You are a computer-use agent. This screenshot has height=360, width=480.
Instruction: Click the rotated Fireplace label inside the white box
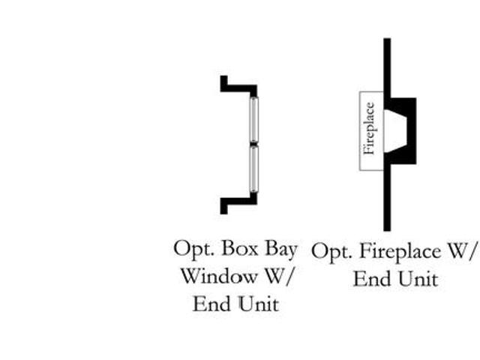(x=368, y=128)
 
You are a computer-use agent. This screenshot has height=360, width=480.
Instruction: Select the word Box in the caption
(x=241, y=248)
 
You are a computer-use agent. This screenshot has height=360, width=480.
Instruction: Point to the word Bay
(x=280, y=248)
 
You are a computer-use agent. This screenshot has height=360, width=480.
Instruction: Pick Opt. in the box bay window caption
(x=192, y=248)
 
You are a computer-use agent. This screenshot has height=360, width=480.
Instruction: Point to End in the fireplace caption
(x=371, y=280)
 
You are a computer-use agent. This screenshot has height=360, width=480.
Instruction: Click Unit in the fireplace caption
(x=418, y=280)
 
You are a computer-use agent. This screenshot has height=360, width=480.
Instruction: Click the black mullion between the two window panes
(x=253, y=142)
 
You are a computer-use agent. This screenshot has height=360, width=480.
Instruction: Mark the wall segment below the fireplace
(x=387, y=199)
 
